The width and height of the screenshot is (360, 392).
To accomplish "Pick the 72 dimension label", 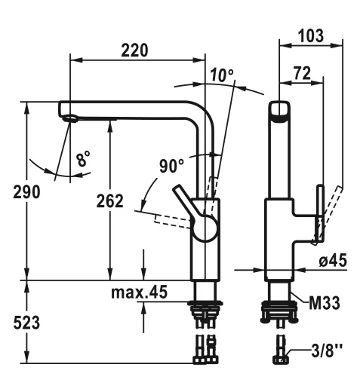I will click(300, 73).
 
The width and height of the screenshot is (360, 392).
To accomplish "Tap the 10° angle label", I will click(222, 75).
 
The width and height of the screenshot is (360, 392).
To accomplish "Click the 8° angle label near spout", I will click(82, 159).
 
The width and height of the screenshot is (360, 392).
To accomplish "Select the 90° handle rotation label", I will click(173, 165).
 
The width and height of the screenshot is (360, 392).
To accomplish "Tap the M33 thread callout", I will click(324, 303).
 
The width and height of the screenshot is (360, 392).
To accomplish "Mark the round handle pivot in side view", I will click(204, 227).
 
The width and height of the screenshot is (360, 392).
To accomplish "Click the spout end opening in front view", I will click(279, 112).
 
